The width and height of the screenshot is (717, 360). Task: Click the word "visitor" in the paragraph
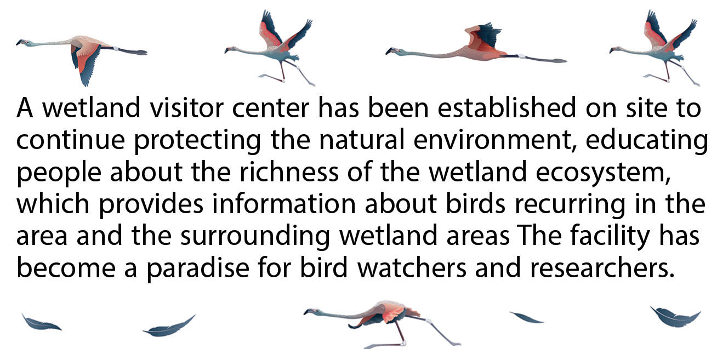tap(169, 108)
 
